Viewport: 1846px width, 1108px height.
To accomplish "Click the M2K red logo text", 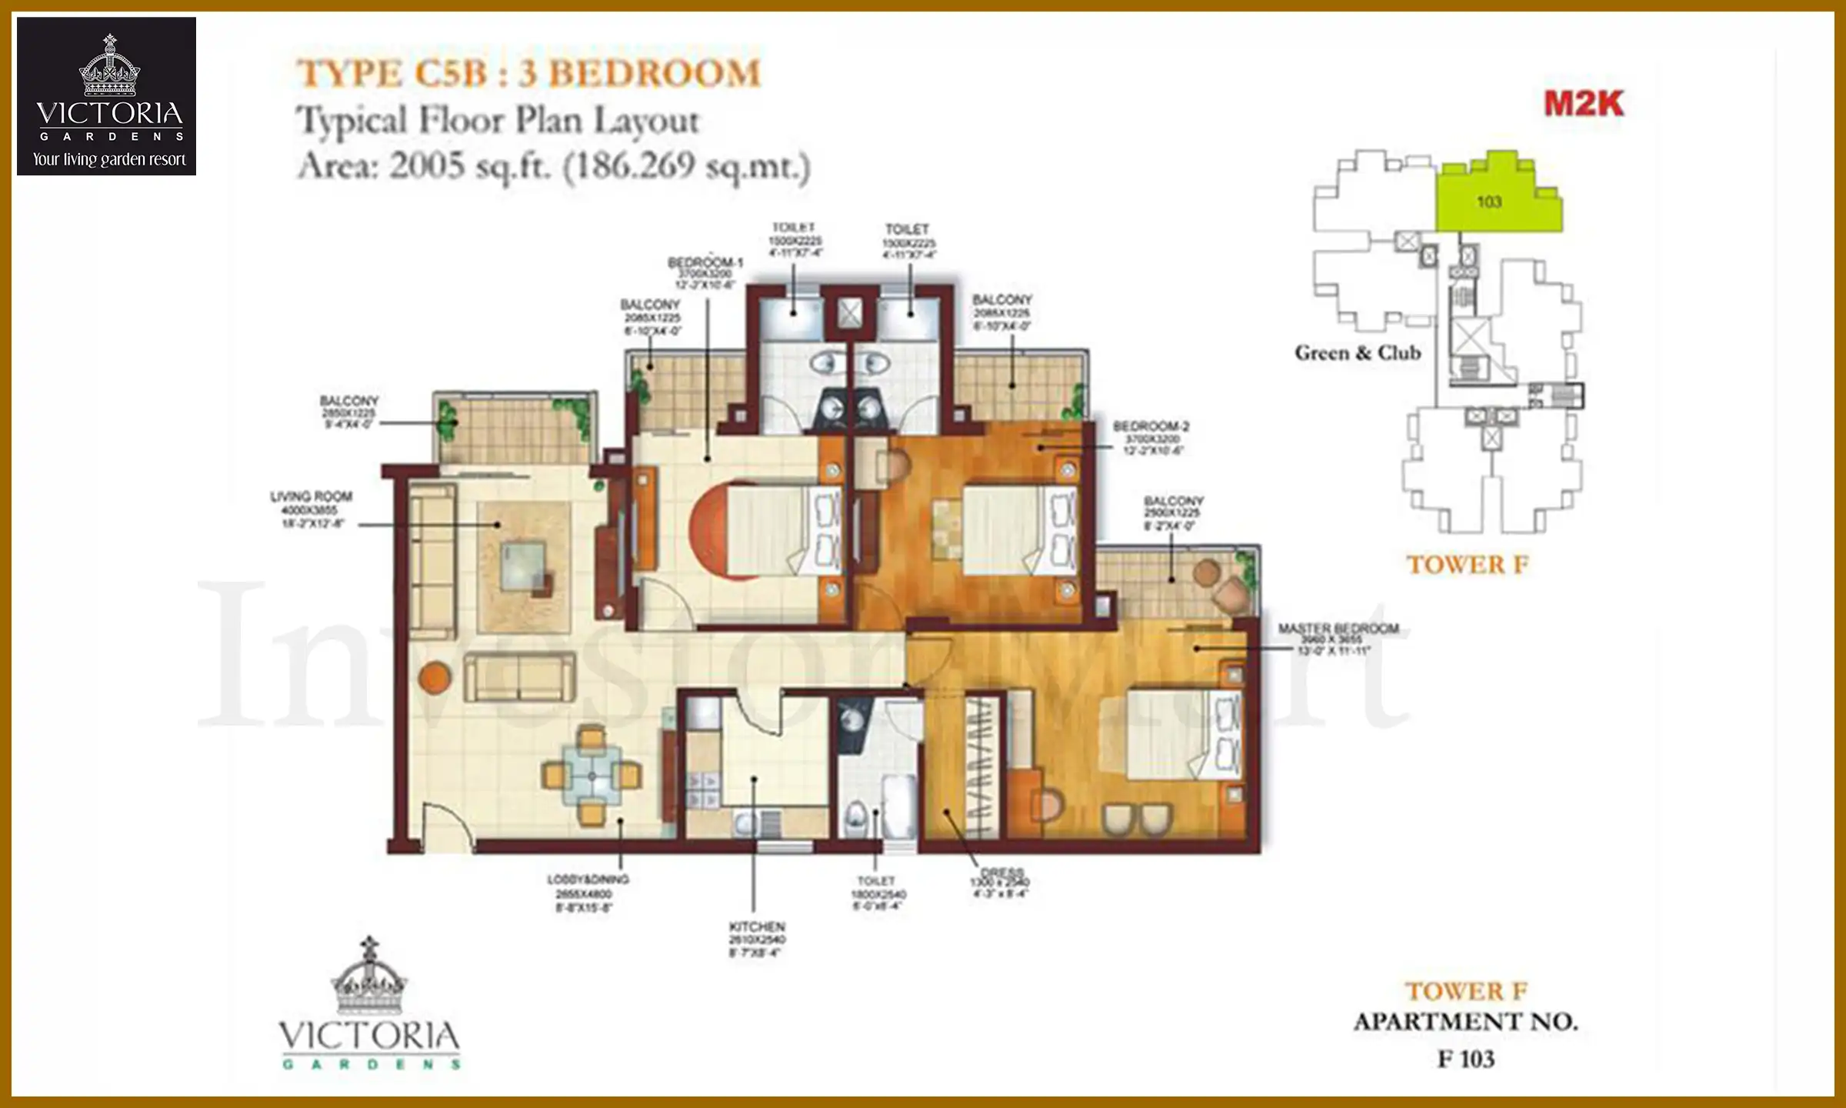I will (1583, 104).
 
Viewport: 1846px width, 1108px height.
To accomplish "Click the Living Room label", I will (311, 497).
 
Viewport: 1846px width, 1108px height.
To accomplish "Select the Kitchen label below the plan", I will (757, 926).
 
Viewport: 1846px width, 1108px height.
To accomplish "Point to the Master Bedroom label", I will (1338, 629).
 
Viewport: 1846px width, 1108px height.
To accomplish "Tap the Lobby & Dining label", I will (588, 879).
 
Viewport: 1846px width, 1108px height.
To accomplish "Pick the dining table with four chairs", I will (591, 776).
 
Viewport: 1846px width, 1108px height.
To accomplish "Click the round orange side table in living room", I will (434, 677).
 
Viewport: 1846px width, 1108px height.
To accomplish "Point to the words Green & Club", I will (1358, 353).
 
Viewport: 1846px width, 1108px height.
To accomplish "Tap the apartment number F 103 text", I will (1466, 1060).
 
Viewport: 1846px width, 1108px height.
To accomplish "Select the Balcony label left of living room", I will (349, 402).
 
